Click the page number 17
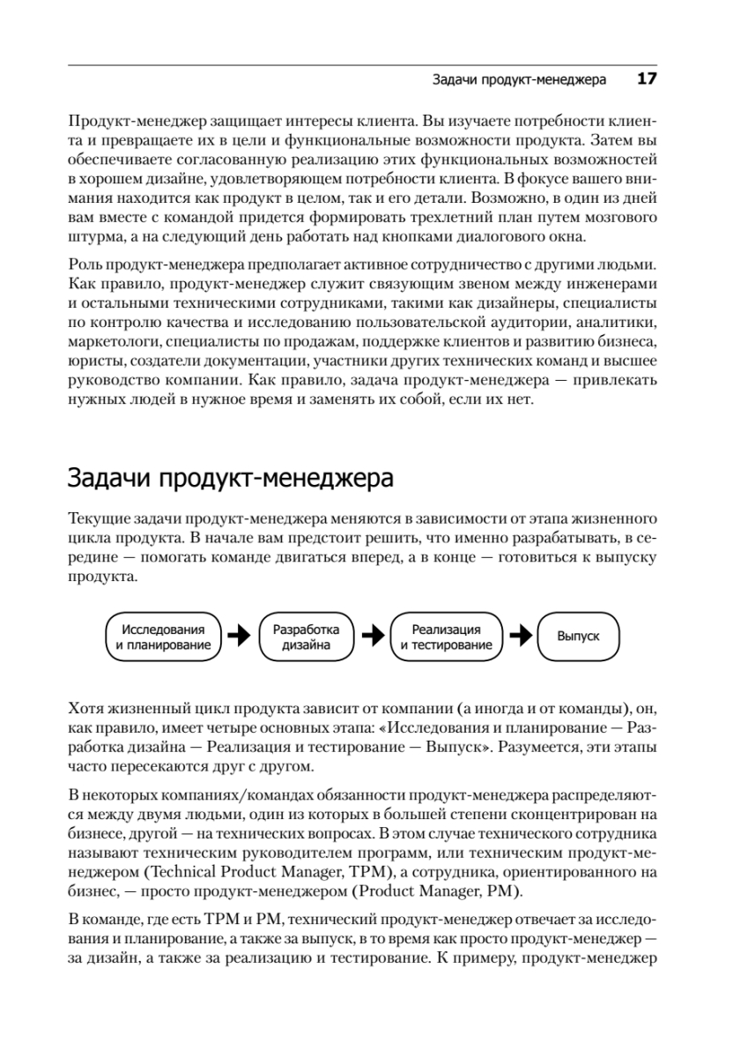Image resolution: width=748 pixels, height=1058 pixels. [648, 79]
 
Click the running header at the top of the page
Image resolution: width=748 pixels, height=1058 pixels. [520, 80]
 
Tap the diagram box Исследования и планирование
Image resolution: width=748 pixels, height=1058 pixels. [163, 637]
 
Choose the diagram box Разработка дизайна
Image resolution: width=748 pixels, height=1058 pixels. [306, 637]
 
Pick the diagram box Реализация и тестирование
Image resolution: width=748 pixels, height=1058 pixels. [446, 637]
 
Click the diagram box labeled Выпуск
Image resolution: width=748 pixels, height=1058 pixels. [578, 637]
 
